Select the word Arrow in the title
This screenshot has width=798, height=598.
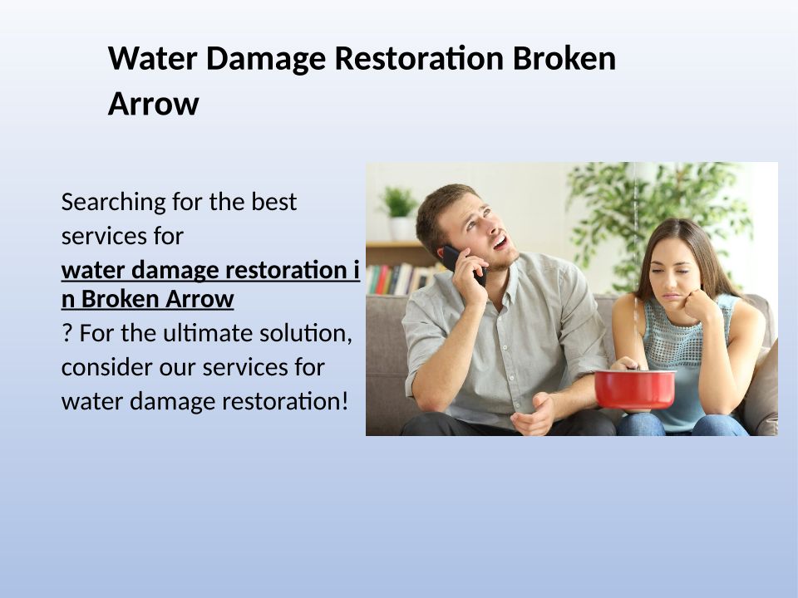153,104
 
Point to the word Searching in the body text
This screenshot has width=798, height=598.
114,203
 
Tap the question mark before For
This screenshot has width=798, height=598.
66,334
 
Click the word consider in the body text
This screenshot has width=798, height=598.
107,368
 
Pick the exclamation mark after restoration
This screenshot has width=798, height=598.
345,401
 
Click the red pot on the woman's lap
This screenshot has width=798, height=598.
634,389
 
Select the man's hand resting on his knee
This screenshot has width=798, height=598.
532,414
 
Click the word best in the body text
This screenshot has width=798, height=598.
273,202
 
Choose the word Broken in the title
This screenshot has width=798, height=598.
564,58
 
